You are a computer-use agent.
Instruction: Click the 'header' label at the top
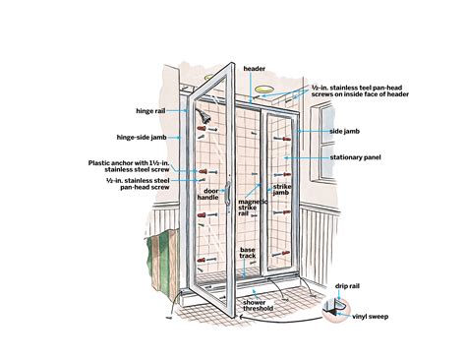(x=256, y=69)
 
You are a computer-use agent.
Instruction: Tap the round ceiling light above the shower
(x=264, y=96)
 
